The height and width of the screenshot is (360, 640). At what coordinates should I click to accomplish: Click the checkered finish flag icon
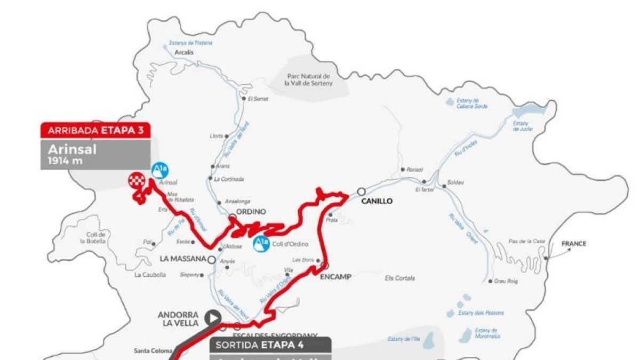pos(135,180)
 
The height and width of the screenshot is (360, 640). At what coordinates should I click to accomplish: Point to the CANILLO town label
pos(377,201)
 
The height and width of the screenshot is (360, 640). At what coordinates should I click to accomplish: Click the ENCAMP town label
pos(334,277)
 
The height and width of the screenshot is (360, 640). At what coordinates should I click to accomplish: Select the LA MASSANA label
pos(183,259)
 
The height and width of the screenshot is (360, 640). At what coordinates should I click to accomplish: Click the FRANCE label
pos(573,244)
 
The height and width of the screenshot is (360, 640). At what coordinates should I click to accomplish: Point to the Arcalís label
pos(183,53)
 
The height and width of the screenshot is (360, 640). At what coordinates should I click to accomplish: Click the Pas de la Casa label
pos(526,242)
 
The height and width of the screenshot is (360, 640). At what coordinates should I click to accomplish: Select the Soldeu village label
pos(456,182)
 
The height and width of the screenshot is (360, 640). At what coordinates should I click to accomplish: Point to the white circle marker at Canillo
pos(361,191)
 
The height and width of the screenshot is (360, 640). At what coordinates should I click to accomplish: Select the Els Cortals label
pos(400,278)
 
